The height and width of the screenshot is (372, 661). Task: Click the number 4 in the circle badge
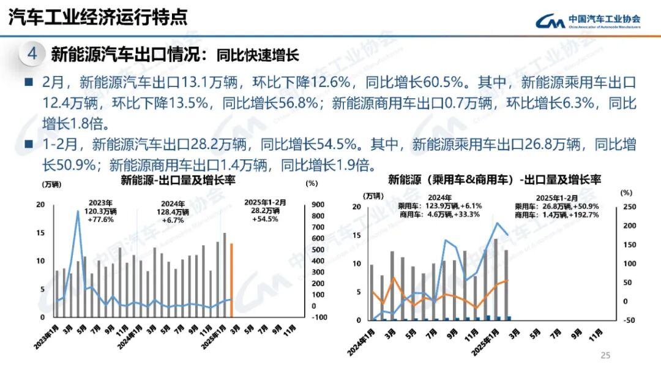pyautogui.click(x=32, y=54)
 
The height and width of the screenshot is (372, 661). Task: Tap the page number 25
pyautogui.click(x=606, y=355)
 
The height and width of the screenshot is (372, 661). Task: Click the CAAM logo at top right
pyautogui.click(x=588, y=20)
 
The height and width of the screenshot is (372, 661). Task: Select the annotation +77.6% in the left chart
pyautogui.click(x=100, y=219)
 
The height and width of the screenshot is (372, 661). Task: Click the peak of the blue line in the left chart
pyautogui.click(x=78, y=211)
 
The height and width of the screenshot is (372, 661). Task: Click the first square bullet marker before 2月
pyautogui.click(x=28, y=83)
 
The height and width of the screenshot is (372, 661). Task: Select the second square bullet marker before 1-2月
pyautogui.click(x=28, y=145)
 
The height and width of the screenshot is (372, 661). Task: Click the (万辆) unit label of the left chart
pyautogui.click(x=51, y=183)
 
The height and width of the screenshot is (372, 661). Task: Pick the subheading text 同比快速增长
pyautogui.click(x=258, y=56)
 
